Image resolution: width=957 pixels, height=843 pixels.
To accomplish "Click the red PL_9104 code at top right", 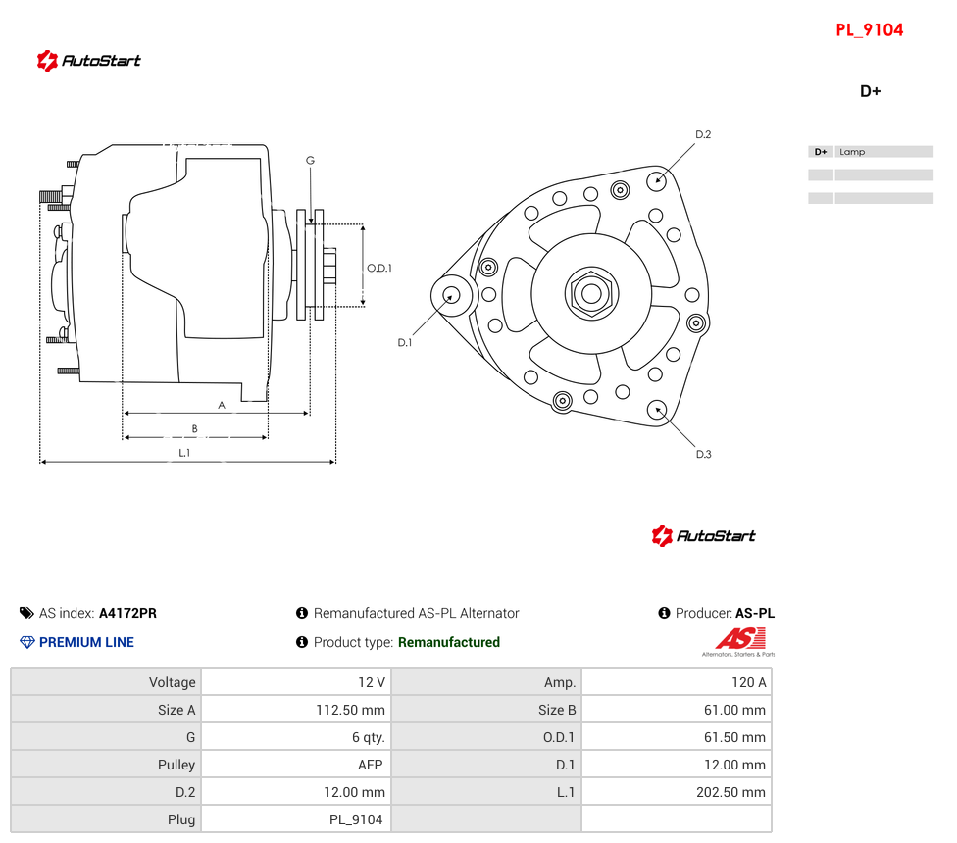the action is tap(869, 29).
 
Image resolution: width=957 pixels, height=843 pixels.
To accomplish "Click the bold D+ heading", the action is tap(871, 91).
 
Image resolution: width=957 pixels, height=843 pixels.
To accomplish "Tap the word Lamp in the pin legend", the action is tap(852, 152).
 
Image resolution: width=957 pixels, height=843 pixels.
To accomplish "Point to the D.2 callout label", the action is tap(703, 134).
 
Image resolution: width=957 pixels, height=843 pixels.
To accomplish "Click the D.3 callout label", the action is tap(704, 454).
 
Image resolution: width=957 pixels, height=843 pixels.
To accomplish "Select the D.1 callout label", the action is tap(405, 343).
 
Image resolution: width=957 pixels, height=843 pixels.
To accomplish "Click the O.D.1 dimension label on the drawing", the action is tap(379, 268).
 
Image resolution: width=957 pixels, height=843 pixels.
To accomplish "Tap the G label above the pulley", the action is tap(310, 161).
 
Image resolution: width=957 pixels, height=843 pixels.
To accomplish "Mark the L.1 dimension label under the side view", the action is tap(184, 453).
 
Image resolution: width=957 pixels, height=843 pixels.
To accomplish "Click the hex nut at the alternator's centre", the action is tap(591, 293).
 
